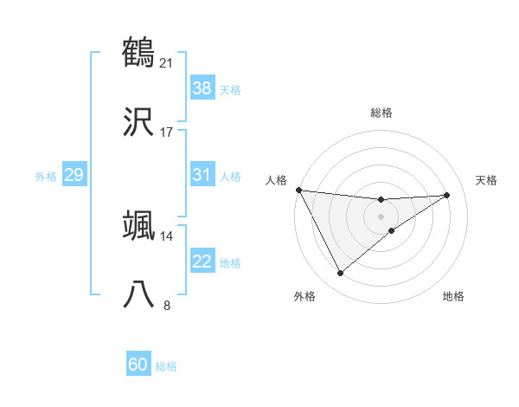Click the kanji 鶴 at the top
click(138, 53)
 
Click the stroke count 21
click(166, 62)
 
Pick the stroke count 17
click(166, 132)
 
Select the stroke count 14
click(166, 236)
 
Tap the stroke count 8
click(167, 305)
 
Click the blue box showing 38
click(202, 87)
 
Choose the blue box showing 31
click(202, 175)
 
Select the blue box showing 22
click(202, 262)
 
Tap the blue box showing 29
click(74, 175)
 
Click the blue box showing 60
click(138, 365)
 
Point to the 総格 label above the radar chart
click(381, 113)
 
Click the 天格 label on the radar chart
click(487, 180)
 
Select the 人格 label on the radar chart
click(276, 180)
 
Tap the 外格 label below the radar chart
click(304, 296)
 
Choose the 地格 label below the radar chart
click(453, 296)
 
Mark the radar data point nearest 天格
click(447, 195)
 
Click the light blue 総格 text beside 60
click(166, 366)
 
